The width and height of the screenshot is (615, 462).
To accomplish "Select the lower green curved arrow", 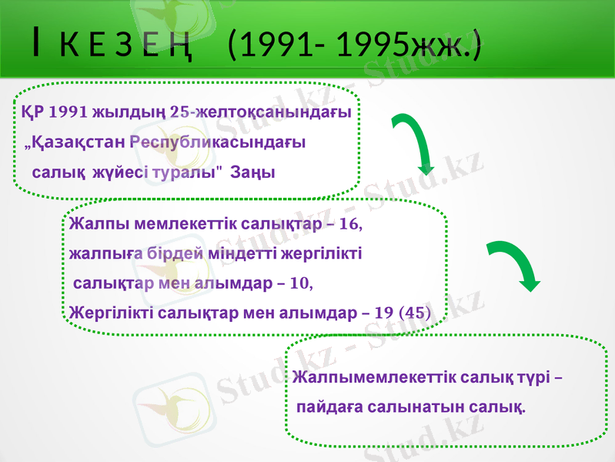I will [x=515, y=266].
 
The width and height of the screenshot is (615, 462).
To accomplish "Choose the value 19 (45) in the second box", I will [x=401, y=313].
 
